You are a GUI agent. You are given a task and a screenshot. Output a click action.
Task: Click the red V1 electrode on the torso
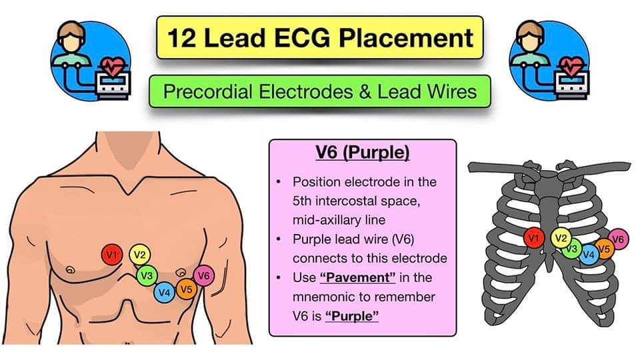pyautogui.click(x=112, y=254)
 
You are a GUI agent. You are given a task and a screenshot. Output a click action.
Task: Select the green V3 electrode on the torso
pyautogui.click(x=147, y=275)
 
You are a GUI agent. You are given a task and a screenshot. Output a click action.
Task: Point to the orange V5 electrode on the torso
pyautogui.click(x=186, y=289)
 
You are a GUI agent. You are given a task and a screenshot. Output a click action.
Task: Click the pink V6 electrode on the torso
pyautogui.click(x=204, y=275)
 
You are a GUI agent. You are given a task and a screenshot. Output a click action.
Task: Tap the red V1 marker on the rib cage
pyautogui.click(x=533, y=237)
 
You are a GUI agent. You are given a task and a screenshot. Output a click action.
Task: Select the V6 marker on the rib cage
pyautogui.click(x=618, y=239)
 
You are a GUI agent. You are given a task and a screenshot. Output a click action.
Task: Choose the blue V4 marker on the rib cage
pyautogui.click(x=589, y=254)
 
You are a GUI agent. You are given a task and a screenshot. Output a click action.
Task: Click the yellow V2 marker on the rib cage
pyautogui.click(x=561, y=237)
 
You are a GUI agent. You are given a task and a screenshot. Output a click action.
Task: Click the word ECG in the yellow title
pyautogui.click(x=299, y=38)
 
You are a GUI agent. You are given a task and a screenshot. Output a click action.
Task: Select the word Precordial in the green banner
pyautogui.click(x=207, y=91)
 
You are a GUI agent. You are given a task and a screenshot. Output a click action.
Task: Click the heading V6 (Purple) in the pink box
pyautogui.click(x=362, y=153)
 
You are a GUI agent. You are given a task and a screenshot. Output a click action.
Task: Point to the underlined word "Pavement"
pyautogui.click(x=352, y=277)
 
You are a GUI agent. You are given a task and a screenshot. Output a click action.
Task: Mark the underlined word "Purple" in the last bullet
pyautogui.click(x=352, y=315)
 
